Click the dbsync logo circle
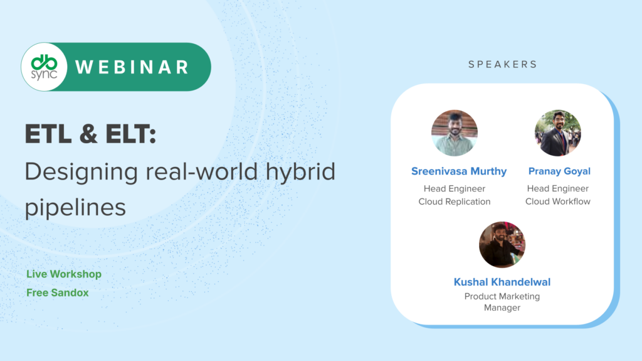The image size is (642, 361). tap(45, 67)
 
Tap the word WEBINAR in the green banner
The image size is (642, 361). tap(132, 67)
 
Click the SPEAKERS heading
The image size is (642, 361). tap(502, 65)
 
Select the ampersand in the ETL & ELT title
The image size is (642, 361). tap(88, 134)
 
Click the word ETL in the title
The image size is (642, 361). tap(48, 134)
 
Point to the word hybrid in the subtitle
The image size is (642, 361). tap(300, 172)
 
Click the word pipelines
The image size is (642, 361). tap(75, 208)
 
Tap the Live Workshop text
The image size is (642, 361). tap(64, 274)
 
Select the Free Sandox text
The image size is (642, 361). tap(57, 293)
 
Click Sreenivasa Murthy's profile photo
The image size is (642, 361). tap(455, 133)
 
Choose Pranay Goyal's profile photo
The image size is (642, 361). tap(557, 133)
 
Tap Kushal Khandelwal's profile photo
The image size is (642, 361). tap(502, 245)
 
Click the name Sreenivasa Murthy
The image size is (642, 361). tap(459, 171)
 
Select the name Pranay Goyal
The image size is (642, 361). tap(559, 171)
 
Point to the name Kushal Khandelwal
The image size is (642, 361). tap(502, 282)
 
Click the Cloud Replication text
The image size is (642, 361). tap(455, 202)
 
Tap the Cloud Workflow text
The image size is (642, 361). tap(557, 202)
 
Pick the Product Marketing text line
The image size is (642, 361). tap(502, 296)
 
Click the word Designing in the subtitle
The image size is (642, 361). tap(81, 172)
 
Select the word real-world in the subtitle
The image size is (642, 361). tap(202, 171)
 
